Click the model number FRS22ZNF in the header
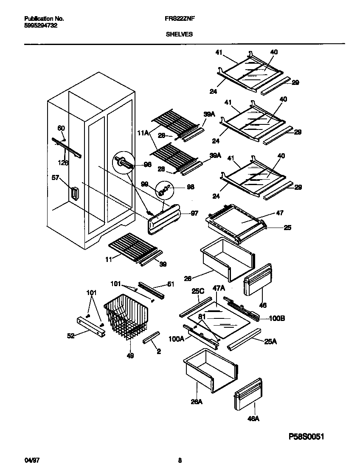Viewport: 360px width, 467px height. (180, 19)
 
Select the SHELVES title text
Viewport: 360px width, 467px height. (180, 34)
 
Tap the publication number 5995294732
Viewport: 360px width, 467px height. (41, 25)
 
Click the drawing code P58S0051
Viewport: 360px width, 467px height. (309, 436)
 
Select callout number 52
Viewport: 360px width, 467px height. (70, 335)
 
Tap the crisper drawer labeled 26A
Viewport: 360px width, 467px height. (208, 369)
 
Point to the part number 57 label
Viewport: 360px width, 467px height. (55, 179)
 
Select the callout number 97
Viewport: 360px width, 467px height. (194, 213)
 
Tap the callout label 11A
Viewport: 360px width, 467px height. (143, 133)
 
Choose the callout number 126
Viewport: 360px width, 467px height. (63, 162)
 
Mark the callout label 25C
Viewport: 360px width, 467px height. (198, 292)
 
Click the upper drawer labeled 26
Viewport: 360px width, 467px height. (227, 259)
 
